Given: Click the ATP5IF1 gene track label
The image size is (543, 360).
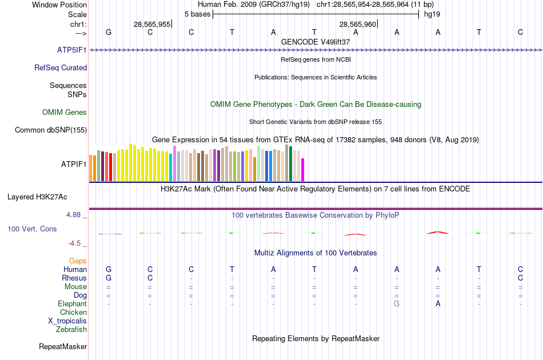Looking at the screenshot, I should tap(72, 50).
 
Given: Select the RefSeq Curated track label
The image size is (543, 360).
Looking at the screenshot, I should tap(61, 68).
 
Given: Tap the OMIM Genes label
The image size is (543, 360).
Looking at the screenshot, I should tap(65, 113).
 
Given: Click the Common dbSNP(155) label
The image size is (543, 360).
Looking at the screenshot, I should tap(51, 130).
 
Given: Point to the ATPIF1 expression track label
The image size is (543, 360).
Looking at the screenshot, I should tap(74, 165).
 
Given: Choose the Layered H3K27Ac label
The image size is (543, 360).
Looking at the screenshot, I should tap(37, 197).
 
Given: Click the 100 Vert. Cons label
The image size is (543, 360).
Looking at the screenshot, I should tap(32, 229).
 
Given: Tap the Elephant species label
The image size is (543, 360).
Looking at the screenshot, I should tap(73, 304).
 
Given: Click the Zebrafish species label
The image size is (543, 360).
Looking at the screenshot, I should tap(71, 330).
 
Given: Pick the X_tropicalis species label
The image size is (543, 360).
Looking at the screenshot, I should tap(67, 321).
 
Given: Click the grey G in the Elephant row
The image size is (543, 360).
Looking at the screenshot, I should tap(397, 304).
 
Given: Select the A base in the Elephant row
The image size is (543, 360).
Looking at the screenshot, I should tap(438, 304).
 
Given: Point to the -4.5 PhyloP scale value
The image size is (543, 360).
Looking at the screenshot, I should tap(75, 243).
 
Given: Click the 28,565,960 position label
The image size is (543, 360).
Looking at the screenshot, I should tap(358, 25).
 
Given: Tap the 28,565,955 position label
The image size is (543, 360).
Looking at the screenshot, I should tap(152, 25).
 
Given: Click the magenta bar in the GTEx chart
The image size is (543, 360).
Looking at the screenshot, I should tap(303, 169).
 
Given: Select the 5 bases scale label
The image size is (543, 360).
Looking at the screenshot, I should tap(197, 14).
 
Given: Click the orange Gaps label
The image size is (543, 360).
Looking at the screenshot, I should tap(78, 261).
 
